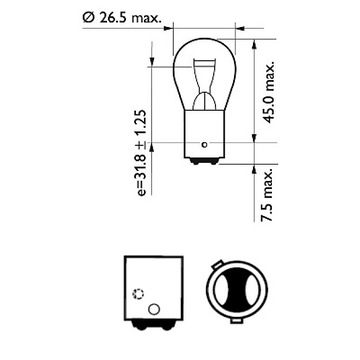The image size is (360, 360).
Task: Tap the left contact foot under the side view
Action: tap(132, 332)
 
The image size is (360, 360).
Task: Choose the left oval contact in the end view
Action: tap(219, 296)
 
